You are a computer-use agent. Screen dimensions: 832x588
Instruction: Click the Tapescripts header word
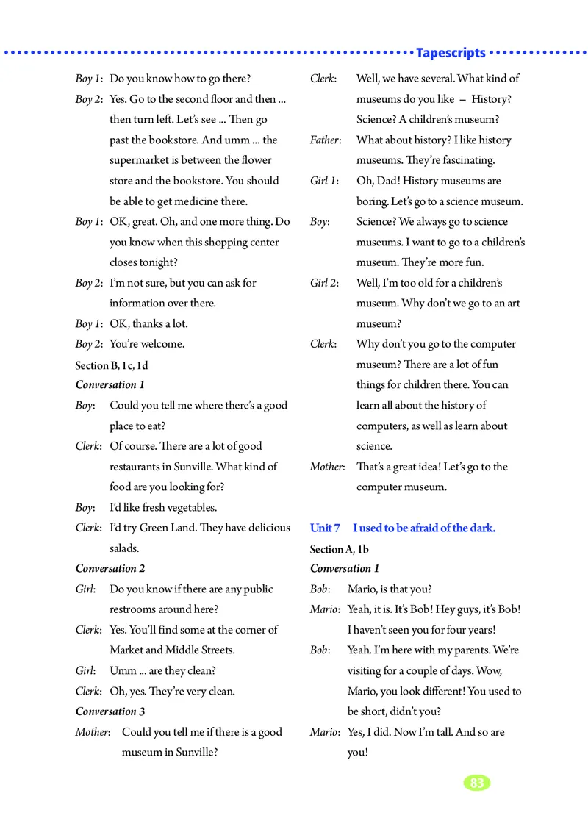[x=451, y=53]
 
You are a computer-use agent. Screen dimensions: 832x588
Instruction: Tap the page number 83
[x=477, y=783]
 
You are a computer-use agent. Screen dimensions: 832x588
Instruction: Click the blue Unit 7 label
[x=325, y=528]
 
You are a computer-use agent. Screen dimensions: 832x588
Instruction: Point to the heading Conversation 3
[x=110, y=711]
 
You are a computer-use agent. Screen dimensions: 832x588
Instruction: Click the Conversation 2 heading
[x=110, y=568]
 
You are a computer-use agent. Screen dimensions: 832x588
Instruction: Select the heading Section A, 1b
[x=339, y=548]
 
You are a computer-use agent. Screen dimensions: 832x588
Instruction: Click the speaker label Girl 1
[x=326, y=181]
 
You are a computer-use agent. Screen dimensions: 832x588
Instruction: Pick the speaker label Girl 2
[x=326, y=283]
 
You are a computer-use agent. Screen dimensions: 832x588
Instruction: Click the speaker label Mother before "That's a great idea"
[x=327, y=467]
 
